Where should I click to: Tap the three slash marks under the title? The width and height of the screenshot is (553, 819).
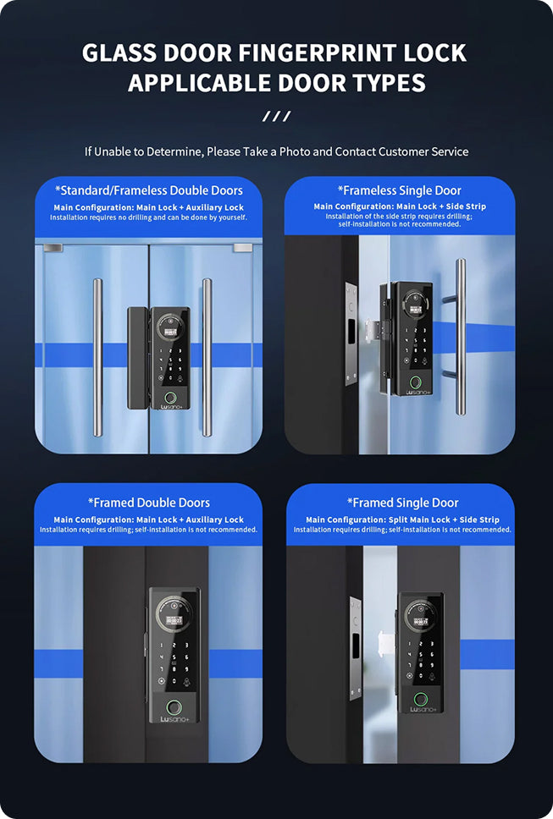276,116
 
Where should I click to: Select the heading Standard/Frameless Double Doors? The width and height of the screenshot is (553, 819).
149,190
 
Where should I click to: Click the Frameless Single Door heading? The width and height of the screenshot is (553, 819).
400,190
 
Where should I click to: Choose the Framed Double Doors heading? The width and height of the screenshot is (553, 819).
149,503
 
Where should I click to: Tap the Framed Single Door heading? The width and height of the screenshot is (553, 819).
402,503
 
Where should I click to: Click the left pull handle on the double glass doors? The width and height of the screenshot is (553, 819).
97,357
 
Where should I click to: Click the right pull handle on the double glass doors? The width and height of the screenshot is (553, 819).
207,357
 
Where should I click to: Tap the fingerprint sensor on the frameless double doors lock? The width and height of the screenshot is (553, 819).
170,398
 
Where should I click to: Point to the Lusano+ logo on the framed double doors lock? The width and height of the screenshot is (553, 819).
174,719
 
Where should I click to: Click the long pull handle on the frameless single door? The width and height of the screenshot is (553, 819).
460,337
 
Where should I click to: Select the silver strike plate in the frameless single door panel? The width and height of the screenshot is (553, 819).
351,333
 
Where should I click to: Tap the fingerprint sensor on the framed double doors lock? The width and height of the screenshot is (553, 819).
174,708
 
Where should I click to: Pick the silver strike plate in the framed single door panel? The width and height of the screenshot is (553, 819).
356,648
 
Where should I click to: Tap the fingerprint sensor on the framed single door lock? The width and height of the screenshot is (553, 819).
421,700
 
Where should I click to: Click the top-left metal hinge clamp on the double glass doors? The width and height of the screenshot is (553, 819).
53,248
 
